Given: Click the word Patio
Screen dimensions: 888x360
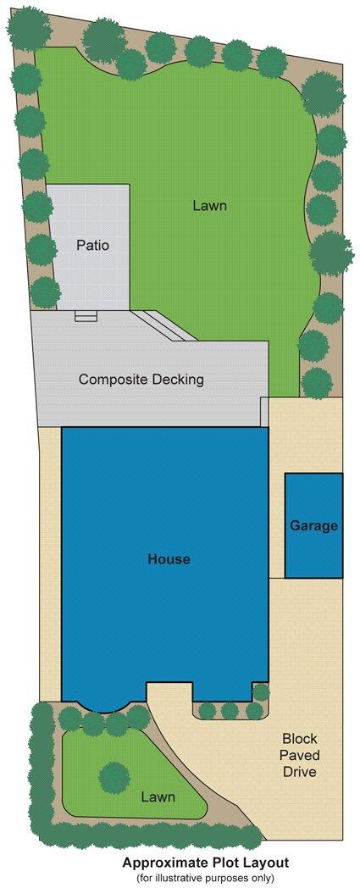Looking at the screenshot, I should click(x=92, y=246).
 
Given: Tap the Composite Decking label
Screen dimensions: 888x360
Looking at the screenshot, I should click(x=141, y=380).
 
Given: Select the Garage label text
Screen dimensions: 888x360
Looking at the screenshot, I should click(x=314, y=526).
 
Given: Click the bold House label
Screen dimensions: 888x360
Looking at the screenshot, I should click(x=169, y=559).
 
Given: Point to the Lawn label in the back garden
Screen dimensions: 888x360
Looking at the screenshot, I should click(x=209, y=205).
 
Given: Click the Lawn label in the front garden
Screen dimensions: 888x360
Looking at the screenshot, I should click(x=158, y=797).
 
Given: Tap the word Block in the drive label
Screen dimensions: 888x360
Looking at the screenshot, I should click(x=299, y=738).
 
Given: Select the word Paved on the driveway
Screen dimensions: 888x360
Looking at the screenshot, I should click(x=299, y=755).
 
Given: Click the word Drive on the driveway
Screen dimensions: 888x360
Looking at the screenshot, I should click(x=299, y=772).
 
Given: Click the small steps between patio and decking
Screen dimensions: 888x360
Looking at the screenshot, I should click(x=86, y=316).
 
